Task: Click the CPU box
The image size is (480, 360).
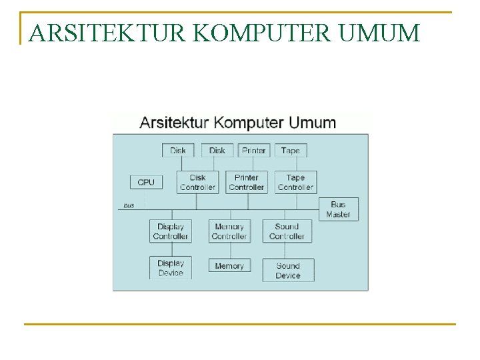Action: click(146, 182)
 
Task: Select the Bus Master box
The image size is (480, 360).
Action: click(338, 209)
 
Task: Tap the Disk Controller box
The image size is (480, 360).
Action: click(198, 182)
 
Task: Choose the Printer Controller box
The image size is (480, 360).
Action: click(247, 182)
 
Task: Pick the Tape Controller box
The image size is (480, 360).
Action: click(295, 182)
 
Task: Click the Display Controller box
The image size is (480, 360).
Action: click(171, 231)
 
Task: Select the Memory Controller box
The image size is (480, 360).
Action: click(229, 231)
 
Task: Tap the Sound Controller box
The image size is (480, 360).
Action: click(287, 231)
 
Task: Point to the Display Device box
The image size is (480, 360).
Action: click(171, 268)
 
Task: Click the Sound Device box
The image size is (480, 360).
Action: click(288, 270)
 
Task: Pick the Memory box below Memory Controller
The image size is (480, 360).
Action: click(229, 266)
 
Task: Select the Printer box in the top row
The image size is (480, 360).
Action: click(254, 151)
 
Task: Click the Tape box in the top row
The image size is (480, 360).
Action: click(291, 151)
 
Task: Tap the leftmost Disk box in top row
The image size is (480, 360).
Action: click(178, 151)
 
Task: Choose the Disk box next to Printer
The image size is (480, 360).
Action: click(217, 151)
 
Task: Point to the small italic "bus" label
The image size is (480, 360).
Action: click(129, 205)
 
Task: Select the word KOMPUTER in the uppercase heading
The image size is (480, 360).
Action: click(263, 33)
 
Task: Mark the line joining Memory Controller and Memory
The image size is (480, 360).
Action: click(229, 251)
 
